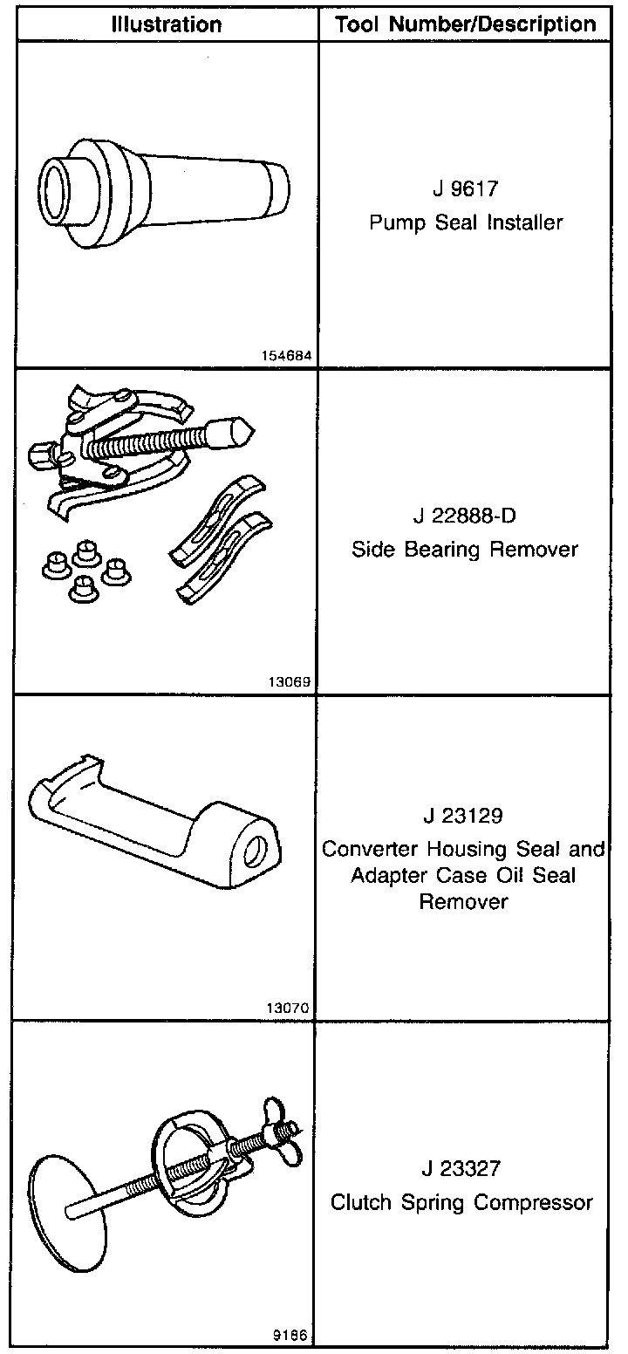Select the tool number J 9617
(465, 188)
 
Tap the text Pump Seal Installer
(465, 222)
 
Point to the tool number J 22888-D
(465, 516)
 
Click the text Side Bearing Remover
(465, 550)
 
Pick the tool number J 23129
(465, 817)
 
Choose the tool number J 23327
(465, 1168)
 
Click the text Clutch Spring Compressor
(461, 1202)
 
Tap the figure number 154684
(287, 356)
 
